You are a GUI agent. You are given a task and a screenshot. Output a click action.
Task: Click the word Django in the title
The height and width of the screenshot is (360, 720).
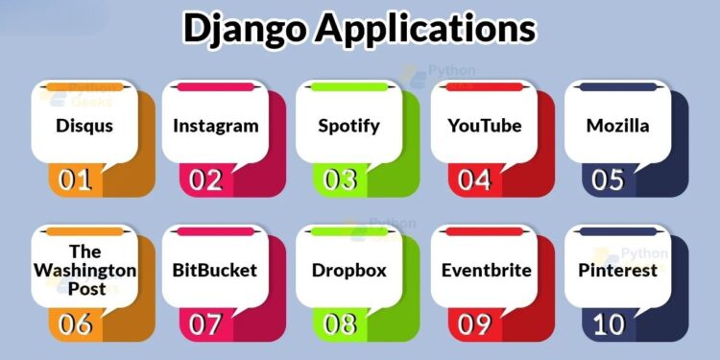(x=245, y=29)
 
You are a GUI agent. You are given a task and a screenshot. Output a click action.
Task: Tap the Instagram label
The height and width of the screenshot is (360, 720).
(x=216, y=125)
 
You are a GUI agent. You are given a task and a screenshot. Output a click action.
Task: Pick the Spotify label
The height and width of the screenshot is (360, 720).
(x=349, y=125)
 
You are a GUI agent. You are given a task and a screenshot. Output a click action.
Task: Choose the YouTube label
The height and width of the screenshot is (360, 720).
(x=485, y=125)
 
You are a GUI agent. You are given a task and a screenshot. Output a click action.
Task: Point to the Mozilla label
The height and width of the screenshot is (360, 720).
(x=618, y=125)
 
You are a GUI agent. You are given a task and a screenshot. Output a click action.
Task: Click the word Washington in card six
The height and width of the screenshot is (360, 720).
(x=84, y=271)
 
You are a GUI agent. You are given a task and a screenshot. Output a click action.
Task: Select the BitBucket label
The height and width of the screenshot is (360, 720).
(x=216, y=270)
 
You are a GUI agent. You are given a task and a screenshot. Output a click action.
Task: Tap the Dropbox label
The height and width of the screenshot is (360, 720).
(x=349, y=270)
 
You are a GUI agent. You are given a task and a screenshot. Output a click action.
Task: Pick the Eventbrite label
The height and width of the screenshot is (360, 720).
(x=485, y=270)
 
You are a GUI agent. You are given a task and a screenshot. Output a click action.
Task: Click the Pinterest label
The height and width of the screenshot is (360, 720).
(x=618, y=270)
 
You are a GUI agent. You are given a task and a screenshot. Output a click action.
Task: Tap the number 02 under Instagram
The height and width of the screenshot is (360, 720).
(x=205, y=180)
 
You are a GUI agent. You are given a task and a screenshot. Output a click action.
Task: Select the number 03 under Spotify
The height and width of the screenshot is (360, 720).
(x=340, y=180)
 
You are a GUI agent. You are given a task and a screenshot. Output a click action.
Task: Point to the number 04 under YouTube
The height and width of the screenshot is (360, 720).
(x=474, y=180)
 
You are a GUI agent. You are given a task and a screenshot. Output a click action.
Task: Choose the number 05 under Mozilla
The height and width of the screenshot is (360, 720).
(x=608, y=180)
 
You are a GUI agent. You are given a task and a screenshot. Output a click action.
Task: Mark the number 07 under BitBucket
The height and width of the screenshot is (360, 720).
(x=205, y=324)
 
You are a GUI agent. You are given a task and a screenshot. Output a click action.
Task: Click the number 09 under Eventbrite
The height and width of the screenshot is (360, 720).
(x=474, y=324)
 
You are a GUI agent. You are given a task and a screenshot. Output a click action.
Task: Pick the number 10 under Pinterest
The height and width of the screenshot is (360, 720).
(x=608, y=324)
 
